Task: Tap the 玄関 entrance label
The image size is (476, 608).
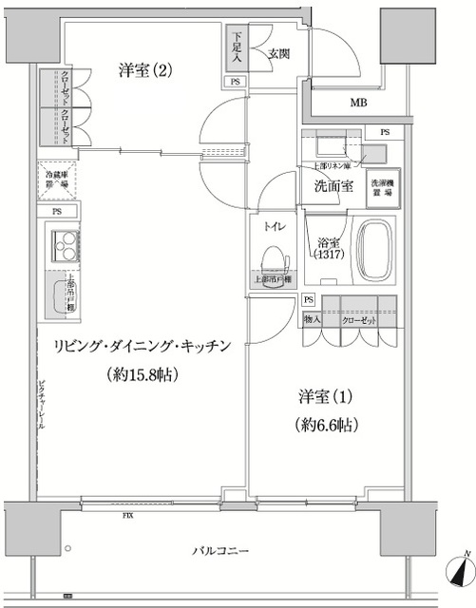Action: point(278,53)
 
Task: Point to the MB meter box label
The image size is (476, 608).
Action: point(359,104)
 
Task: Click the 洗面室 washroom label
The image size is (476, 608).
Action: point(334,186)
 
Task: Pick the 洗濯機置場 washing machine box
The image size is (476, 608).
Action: point(384,185)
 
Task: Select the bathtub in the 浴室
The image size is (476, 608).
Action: point(378,250)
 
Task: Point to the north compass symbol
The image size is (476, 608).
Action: point(460,572)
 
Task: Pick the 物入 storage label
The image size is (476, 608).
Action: point(314,319)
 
